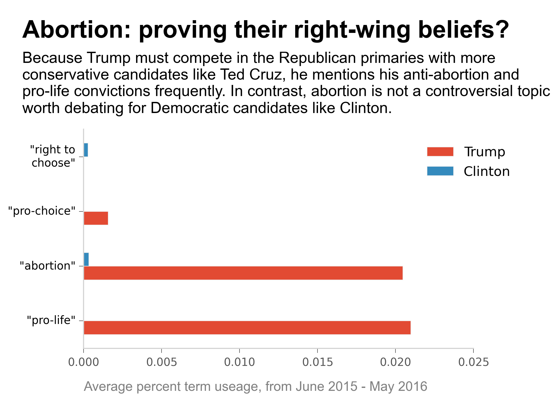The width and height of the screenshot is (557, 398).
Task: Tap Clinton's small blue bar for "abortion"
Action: [x=86, y=259]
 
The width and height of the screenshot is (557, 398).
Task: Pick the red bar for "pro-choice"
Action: [x=96, y=218]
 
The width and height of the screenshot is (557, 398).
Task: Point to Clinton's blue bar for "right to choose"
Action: [x=86, y=150]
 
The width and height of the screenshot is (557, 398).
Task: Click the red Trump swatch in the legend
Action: [x=440, y=152]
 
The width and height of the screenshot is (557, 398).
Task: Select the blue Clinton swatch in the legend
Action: [x=440, y=171]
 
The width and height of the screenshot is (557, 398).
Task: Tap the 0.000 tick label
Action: [x=84, y=362]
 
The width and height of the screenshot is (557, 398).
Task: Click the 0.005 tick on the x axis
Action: [x=162, y=362]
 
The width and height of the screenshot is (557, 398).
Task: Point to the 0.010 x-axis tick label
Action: [x=240, y=362]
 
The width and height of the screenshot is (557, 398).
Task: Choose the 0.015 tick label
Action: [x=317, y=362]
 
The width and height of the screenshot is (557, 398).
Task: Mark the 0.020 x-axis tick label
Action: [x=395, y=362]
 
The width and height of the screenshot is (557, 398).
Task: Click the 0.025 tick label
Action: [x=473, y=362]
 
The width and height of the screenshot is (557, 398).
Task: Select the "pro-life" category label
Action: [x=51, y=320]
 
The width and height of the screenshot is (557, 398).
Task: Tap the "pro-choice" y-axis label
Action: [x=42, y=211]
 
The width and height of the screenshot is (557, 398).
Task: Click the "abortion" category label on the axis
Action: [x=48, y=266]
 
